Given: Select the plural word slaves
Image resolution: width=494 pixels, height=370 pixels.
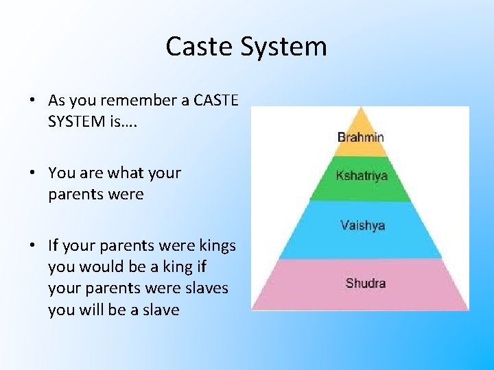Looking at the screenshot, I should click(206, 288).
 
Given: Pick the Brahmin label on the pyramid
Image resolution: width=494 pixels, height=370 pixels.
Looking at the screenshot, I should click(360, 137).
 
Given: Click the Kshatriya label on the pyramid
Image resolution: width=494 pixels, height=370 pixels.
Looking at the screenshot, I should click(361, 175).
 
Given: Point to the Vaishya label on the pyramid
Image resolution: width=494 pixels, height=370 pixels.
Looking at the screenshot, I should click(362, 225).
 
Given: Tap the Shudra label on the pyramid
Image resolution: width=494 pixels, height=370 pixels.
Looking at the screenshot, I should click(365, 283).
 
